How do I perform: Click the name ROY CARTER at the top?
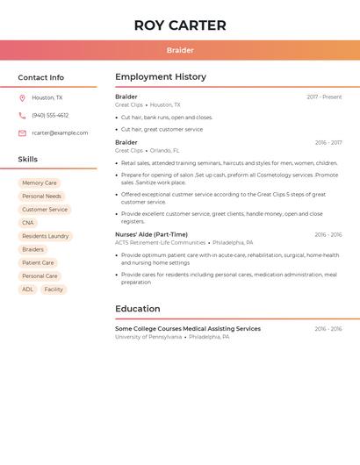coord(180,25)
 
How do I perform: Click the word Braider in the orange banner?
coord(180,50)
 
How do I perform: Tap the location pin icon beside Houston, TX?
coord(22,97)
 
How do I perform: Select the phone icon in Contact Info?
coord(22,115)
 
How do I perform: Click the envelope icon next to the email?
coord(22,132)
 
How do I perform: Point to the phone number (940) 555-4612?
coord(50,115)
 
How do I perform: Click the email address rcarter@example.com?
coord(60,132)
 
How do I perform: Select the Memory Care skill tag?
coord(40,182)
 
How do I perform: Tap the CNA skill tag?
coord(28,223)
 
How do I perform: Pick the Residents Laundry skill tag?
coord(46,236)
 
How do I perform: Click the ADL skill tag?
coord(27,289)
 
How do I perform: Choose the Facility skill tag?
coord(54,289)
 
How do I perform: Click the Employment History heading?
coord(161,77)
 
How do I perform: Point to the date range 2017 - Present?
coord(324,97)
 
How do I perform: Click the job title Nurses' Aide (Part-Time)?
coord(151,234)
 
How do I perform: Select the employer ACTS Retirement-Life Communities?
coord(160,242)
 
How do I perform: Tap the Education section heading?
coord(138,309)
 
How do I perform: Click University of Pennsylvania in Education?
coord(148,337)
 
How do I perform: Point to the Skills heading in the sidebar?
coord(28,160)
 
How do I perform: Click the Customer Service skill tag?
coord(45,210)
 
